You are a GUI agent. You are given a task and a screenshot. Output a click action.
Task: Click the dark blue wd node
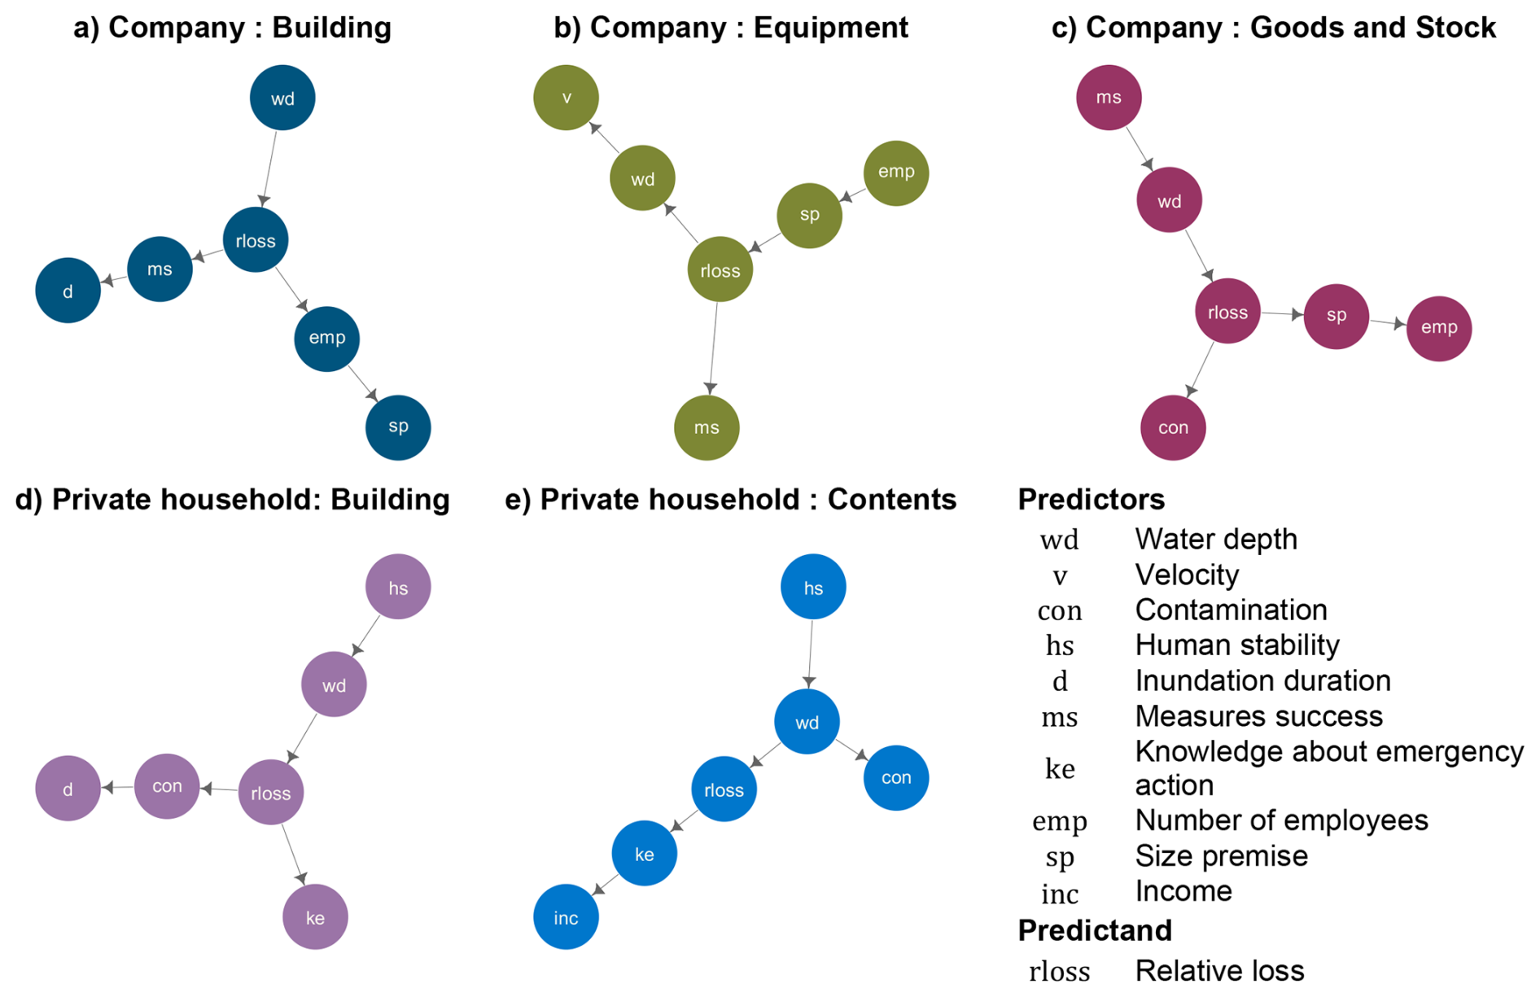pos(282,98)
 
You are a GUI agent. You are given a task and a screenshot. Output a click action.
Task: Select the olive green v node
pos(567,98)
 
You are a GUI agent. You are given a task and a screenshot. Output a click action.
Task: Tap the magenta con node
pos(1173,427)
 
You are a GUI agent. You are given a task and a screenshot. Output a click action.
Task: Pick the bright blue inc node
pos(566,917)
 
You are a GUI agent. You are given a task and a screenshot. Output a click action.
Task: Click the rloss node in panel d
pos(271,793)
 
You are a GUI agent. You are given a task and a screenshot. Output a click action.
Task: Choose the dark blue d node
pos(68,291)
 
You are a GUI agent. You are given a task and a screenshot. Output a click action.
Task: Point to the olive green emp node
pos(896,173)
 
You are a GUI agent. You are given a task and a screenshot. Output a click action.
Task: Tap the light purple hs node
pos(398,587)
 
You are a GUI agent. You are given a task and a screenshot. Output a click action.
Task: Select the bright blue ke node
pos(644,853)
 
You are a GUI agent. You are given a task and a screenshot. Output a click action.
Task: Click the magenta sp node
pos(1337,316)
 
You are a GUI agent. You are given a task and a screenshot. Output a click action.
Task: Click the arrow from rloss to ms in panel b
pos(714,348)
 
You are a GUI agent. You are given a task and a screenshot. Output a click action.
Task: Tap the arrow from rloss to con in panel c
pos(1201,370)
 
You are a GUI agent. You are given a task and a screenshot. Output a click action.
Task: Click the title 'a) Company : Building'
pos(233,28)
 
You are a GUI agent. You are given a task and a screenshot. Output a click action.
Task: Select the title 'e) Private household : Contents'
pos(731,500)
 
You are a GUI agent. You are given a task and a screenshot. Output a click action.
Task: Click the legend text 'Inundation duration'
pos(1262,680)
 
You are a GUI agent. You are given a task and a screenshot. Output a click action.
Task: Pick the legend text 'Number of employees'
pos(1281,820)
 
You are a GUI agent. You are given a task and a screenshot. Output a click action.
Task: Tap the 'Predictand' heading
pos(1095,930)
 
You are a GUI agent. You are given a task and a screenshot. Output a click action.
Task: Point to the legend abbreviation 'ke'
pos(1060,768)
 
